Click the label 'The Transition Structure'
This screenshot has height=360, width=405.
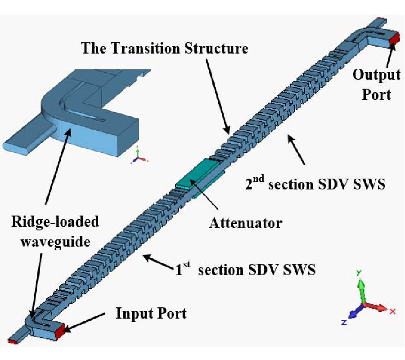(164, 48)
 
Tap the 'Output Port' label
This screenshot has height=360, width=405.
(376, 84)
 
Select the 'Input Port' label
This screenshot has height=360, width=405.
(151, 313)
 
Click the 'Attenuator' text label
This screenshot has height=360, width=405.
(245, 222)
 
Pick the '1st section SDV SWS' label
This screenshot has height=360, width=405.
(245, 270)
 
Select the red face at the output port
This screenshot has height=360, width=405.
(394, 39)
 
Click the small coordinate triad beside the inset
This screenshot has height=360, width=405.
(139, 156)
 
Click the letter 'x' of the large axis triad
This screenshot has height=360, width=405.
(392, 311)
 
